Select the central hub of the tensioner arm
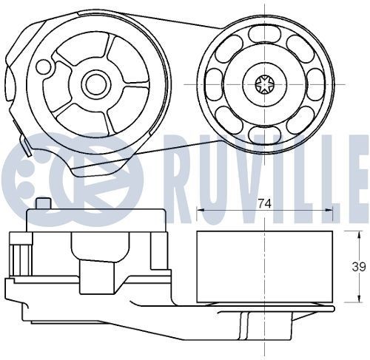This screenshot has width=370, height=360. point(94,83)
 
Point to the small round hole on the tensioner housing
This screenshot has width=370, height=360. point(44,67)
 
